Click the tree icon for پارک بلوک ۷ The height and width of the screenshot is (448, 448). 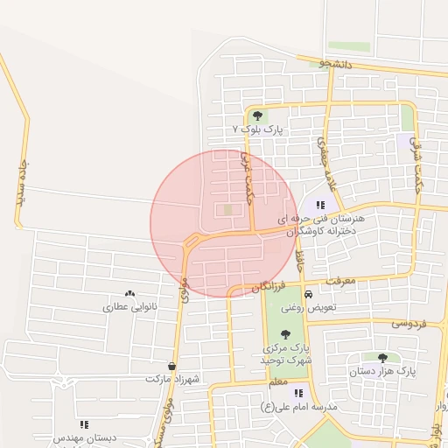(x=257, y=115)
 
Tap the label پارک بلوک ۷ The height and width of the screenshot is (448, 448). (x=260, y=129)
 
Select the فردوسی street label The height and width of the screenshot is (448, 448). (x=409, y=323)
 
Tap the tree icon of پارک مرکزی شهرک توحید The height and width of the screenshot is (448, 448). (x=285, y=333)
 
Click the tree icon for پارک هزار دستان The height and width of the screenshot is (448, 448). (x=382, y=357)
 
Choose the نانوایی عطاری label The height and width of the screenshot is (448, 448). (x=129, y=308)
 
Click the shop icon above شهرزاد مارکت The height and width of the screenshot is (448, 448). (x=171, y=367)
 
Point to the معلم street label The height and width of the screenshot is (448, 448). (x=279, y=383)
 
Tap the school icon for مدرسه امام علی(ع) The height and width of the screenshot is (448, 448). (x=298, y=394)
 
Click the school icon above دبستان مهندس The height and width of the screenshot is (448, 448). (x=84, y=424)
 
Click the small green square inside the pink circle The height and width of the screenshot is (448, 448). (x=228, y=209)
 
